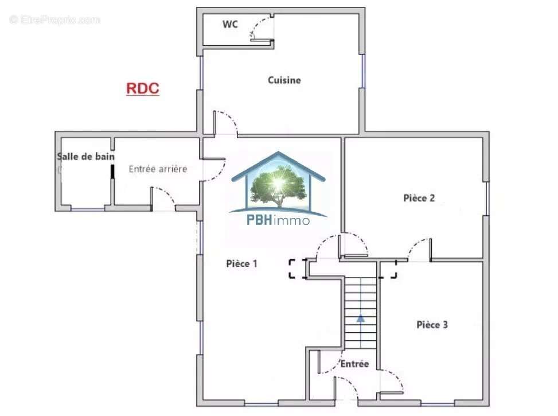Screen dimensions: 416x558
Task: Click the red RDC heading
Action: point(142,89)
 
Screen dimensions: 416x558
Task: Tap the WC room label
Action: point(231,25)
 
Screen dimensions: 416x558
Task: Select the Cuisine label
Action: point(284,80)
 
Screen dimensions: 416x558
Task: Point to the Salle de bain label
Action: point(85,156)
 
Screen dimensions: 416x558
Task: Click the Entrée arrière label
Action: point(158,169)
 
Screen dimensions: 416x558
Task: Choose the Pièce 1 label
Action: point(241,263)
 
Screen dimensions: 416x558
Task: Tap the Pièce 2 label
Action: point(419,198)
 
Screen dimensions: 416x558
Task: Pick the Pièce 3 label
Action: point(432,325)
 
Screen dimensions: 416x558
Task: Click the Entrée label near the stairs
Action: point(354,364)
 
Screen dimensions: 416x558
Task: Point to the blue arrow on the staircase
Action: point(360,317)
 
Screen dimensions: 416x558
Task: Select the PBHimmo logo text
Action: point(278,220)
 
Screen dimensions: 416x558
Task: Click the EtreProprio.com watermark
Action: point(54,20)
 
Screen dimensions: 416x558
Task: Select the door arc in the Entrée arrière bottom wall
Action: point(165,195)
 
